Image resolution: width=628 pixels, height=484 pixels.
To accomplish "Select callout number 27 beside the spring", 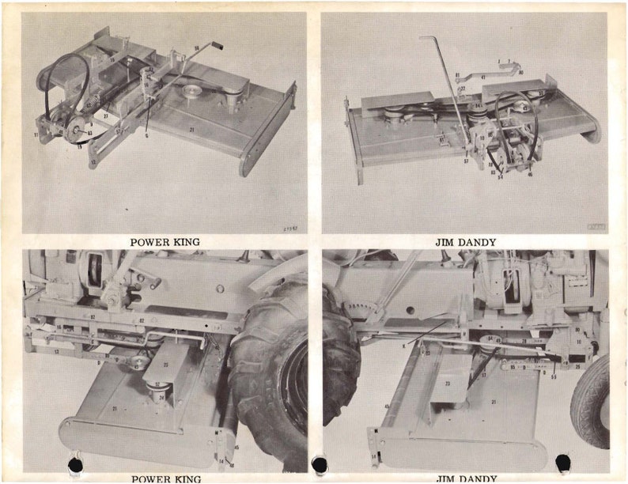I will pos(104,115).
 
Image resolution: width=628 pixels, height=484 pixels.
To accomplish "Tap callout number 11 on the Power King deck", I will pos(36,135).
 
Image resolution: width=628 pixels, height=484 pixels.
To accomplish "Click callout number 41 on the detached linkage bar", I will pos(482,77).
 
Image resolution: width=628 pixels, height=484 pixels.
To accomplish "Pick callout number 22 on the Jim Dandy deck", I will pos(463,89).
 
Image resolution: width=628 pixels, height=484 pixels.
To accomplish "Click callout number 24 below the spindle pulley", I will pos(161,397).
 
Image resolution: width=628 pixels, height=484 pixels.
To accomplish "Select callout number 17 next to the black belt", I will pos(483,374).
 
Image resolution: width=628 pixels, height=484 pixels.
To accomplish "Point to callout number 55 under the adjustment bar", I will pos(554,377).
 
